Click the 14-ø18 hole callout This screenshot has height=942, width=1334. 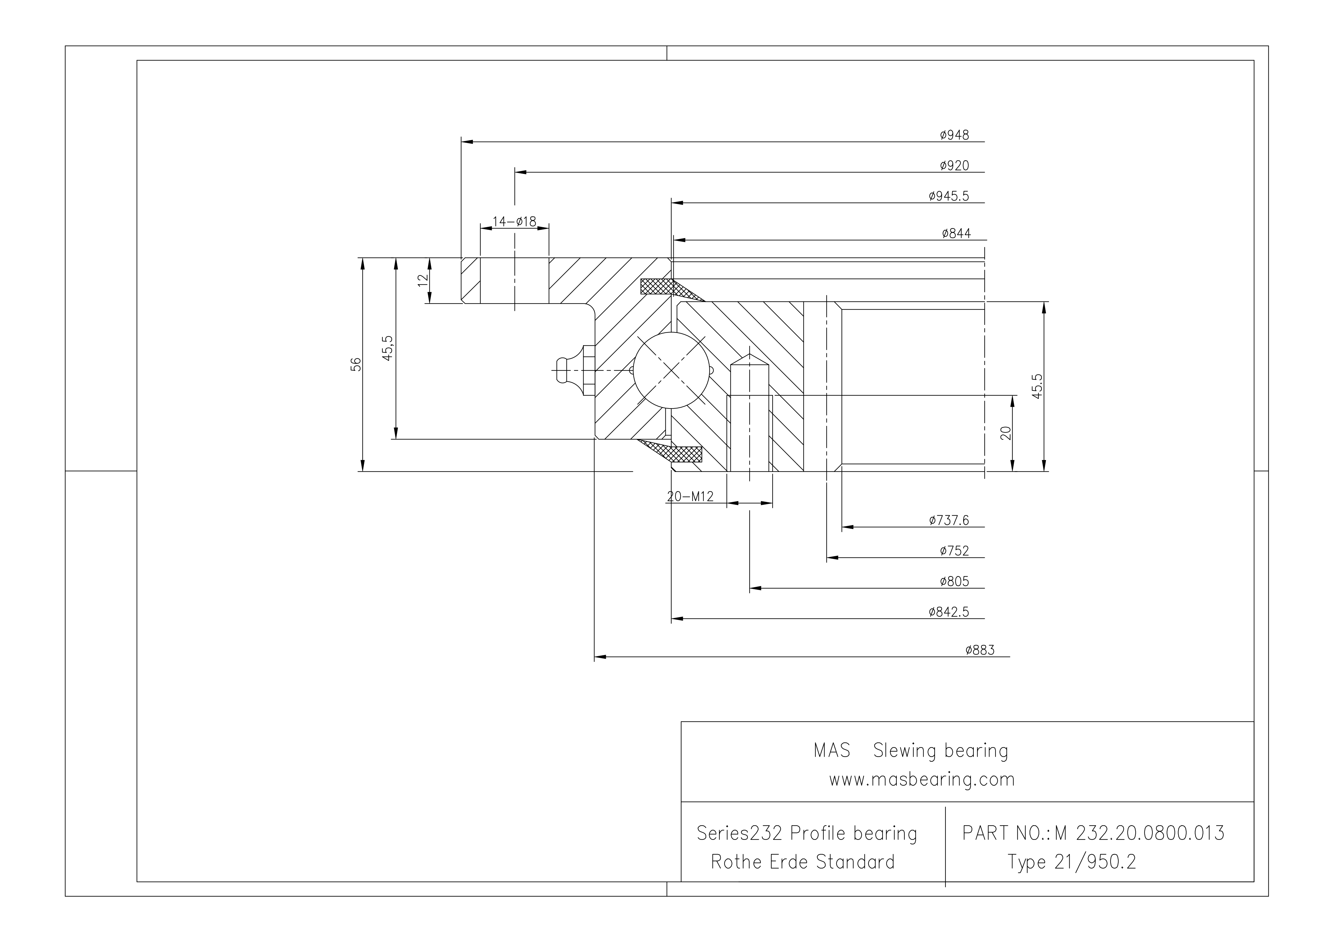point(514,221)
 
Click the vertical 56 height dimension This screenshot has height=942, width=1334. point(356,364)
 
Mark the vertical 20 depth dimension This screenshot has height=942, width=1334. point(1006,433)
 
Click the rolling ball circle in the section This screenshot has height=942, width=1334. point(672,370)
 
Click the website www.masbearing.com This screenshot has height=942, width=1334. point(922,779)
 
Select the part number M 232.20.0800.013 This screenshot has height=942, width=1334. point(1139,833)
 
